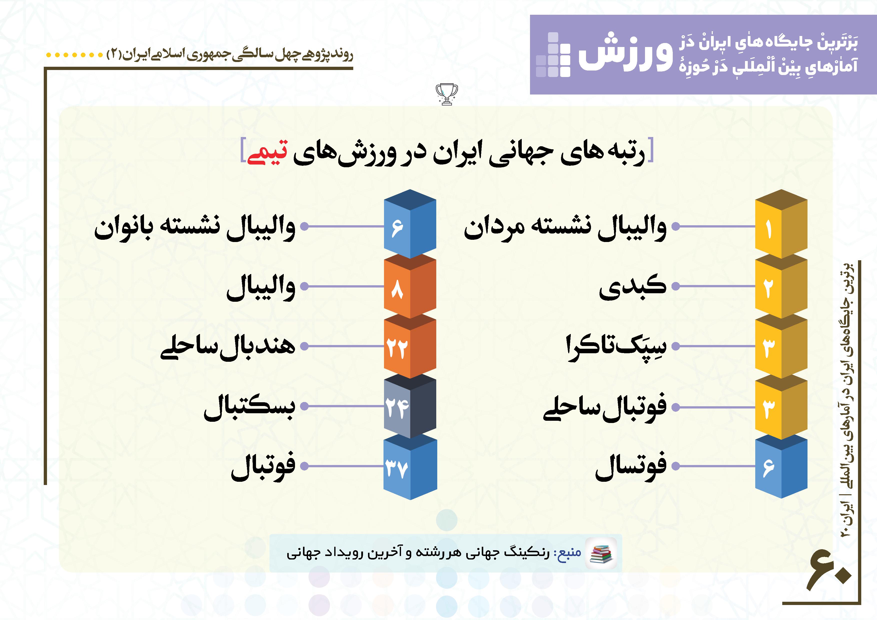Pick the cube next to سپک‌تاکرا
(x=781, y=346)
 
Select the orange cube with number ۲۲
(x=410, y=346)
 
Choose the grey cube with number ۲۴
(x=410, y=406)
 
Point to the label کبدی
(x=632, y=286)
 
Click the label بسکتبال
(x=249, y=407)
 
